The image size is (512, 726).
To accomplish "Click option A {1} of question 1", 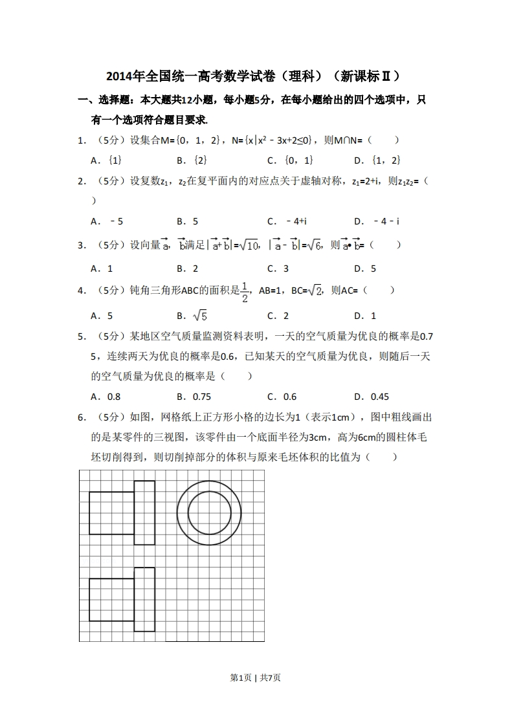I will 107,160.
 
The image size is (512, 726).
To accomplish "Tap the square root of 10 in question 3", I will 248,245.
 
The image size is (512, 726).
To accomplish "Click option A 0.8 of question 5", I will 106,397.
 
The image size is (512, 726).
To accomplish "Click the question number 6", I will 82,417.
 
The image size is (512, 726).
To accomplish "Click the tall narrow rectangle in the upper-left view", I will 144,512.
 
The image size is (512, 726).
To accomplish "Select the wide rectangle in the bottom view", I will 111,599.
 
